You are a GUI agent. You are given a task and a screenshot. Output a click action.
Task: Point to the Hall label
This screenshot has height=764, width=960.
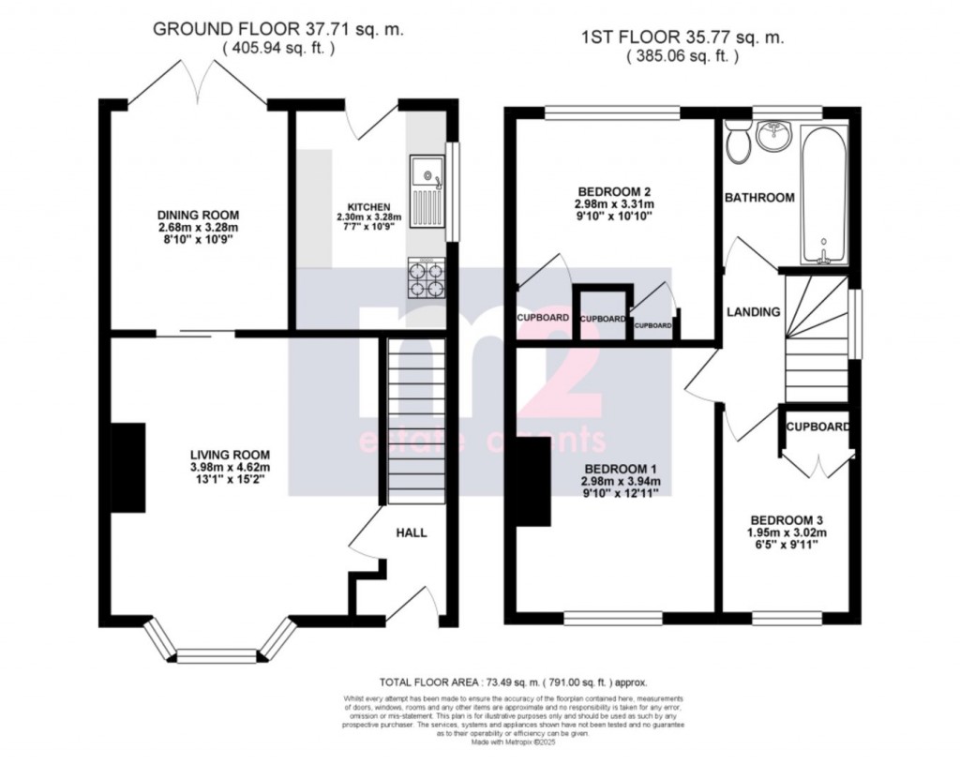tap(411, 532)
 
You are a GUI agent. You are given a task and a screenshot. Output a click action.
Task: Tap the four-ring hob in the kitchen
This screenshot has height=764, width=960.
tap(426, 278)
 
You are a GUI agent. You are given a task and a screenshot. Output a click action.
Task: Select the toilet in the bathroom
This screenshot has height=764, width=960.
tap(738, 142)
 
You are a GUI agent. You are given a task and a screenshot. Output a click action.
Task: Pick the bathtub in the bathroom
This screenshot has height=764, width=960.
tap(825, 194)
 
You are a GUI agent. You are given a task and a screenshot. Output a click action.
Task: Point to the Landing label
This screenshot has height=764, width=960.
tap(753, 312)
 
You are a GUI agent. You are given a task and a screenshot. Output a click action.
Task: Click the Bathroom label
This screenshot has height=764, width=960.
tap(758, 198)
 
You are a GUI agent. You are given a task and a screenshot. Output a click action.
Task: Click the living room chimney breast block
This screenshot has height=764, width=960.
tap(128, 468)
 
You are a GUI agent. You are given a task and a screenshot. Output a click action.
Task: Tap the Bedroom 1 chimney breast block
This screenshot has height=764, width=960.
tap(531, 482)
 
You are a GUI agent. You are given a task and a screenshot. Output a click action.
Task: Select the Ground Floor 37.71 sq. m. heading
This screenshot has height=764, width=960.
tap(278, 30)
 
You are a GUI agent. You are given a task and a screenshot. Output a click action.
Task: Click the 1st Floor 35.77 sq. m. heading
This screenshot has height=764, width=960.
tap(682, 38)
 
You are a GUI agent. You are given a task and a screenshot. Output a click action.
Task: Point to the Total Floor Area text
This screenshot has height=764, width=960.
tap(513, 683)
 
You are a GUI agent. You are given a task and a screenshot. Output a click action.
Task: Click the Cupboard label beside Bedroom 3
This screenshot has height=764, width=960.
tap(817, 427)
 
